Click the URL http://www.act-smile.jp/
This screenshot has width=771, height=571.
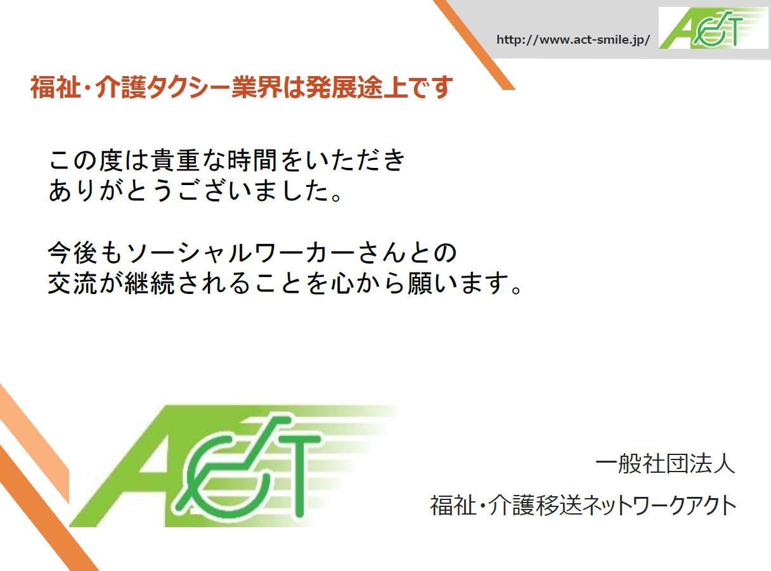click(573, 40)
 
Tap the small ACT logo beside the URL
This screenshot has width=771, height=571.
click(713, 28)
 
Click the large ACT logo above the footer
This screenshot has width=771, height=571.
click(233, 466)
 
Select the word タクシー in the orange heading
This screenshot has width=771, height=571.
click(188, 87)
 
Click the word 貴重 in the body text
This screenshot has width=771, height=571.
click(176, 160)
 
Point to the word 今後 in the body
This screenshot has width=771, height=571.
click(72, 253)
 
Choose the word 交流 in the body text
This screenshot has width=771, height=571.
click(72, 283)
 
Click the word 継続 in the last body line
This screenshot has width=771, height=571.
click(149, 283)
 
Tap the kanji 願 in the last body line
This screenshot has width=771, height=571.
click(420, 283)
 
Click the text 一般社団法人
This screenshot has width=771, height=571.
click(665, 464)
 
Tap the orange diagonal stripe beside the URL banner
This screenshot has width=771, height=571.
click(474, 44)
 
